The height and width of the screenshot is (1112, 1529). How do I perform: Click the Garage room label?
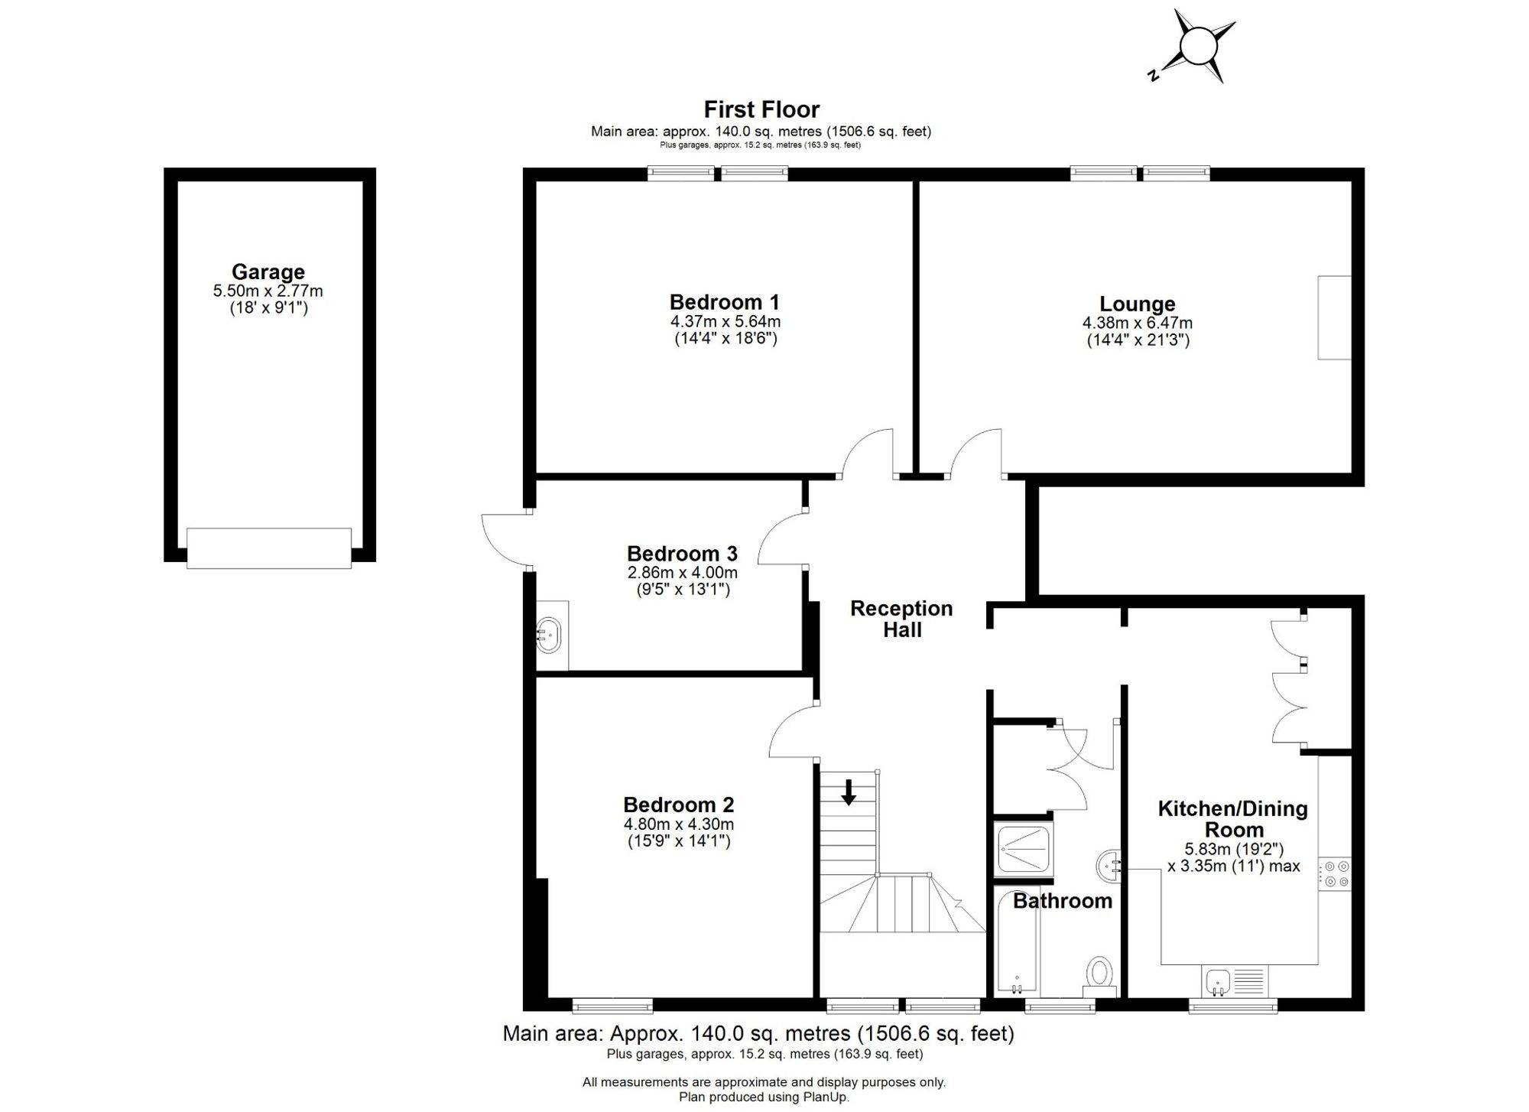coord(268,271)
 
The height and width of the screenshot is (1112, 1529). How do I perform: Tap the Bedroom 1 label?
coord(725,301)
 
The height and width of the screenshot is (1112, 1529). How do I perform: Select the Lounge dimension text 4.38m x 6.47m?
coord(1138,323)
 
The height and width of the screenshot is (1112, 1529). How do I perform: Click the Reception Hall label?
coord(901,619)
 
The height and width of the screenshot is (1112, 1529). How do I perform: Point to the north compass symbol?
coord(1196,47)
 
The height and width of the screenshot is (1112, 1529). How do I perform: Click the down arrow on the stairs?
coord(849,792)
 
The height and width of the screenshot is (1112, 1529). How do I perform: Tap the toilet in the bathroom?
coord(1100,975)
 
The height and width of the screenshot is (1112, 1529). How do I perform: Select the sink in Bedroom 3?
coord(549,636)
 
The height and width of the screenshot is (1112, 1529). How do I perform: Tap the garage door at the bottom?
coord(269,548)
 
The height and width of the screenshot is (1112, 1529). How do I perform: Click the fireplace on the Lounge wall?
coord(1334,317)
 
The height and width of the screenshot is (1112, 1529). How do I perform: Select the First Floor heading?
coord(761,109)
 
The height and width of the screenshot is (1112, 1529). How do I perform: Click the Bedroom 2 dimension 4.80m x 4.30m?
coord(679,824)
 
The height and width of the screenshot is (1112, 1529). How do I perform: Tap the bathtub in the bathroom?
coord(1018,941)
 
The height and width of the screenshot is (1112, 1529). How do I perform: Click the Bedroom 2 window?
coord(612,1006)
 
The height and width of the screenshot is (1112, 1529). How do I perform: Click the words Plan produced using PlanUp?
coord(764,1097)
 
